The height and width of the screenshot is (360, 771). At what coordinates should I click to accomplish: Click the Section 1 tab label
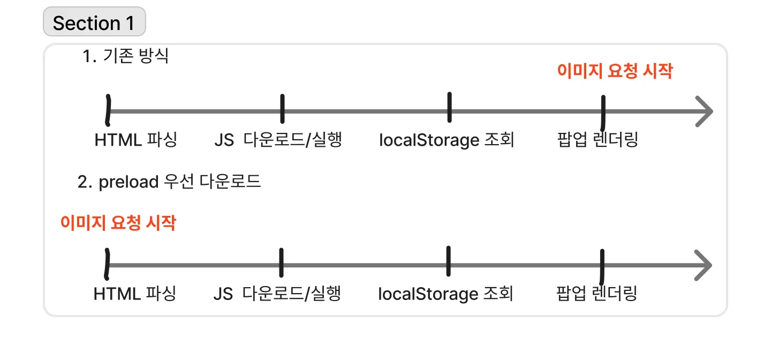(x=94, y=23)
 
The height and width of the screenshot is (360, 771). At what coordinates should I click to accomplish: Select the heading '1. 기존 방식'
(x=126, y=56)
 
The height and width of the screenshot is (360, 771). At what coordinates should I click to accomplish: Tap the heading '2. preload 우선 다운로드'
(x=169, y=182)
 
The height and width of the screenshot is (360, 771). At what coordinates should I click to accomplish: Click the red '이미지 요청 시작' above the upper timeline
(x=615, y=71)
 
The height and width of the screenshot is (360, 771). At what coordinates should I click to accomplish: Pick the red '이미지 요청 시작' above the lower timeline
(x=118, y=223)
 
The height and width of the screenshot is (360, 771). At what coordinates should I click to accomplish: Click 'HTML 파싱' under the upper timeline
(x=135, y=140)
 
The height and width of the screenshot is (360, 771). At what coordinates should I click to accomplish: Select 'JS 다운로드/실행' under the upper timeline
(x=278, y=140)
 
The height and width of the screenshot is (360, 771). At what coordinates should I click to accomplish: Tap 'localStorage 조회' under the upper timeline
(x=447, y=140)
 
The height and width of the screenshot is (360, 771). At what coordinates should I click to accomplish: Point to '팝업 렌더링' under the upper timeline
(x=598, y=140)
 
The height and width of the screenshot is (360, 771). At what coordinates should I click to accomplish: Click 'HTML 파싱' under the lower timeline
(x=134, y=294)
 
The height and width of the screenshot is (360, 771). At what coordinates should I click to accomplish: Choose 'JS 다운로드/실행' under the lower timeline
(x=277, y=294)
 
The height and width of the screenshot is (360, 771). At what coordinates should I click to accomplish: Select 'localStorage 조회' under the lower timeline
(x=445, y=294)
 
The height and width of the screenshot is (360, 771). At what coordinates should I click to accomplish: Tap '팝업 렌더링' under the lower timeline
(x=596, y=294)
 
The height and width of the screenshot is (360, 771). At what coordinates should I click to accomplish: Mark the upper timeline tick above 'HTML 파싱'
(x=109, y=110)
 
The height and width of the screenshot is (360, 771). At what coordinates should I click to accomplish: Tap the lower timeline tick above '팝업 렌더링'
(x=602, y=266)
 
